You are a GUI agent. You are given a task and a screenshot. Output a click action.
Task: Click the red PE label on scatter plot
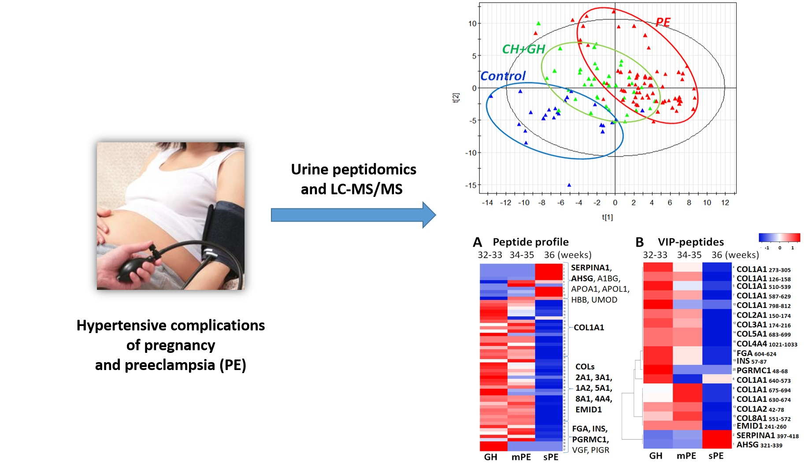click(663, 22)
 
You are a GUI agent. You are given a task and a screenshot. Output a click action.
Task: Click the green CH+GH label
click(523, 49)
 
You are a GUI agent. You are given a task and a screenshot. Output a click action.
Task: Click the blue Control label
click(503, 76)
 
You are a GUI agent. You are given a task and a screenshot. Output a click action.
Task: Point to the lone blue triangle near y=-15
click(569, 185)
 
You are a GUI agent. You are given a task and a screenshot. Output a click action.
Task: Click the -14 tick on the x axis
click(487, 203)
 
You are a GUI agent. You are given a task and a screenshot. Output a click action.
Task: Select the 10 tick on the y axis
click(472, 23)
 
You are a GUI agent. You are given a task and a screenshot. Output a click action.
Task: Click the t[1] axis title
click(607, 217)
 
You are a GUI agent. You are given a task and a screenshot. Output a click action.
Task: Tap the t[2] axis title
click(456, 98)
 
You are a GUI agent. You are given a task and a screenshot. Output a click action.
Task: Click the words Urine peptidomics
click(353, 170)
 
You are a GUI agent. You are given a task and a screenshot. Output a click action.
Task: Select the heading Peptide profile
click(530, 242)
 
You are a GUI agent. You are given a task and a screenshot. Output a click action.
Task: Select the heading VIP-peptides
click(690, 242)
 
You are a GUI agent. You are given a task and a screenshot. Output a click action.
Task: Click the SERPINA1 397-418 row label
click(767, 436)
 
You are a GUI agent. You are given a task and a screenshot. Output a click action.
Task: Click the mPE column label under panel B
click(686, 456)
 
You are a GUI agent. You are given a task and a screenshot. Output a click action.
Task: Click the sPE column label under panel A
click(550, 457)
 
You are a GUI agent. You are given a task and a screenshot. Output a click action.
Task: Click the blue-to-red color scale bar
click(779, 237)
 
